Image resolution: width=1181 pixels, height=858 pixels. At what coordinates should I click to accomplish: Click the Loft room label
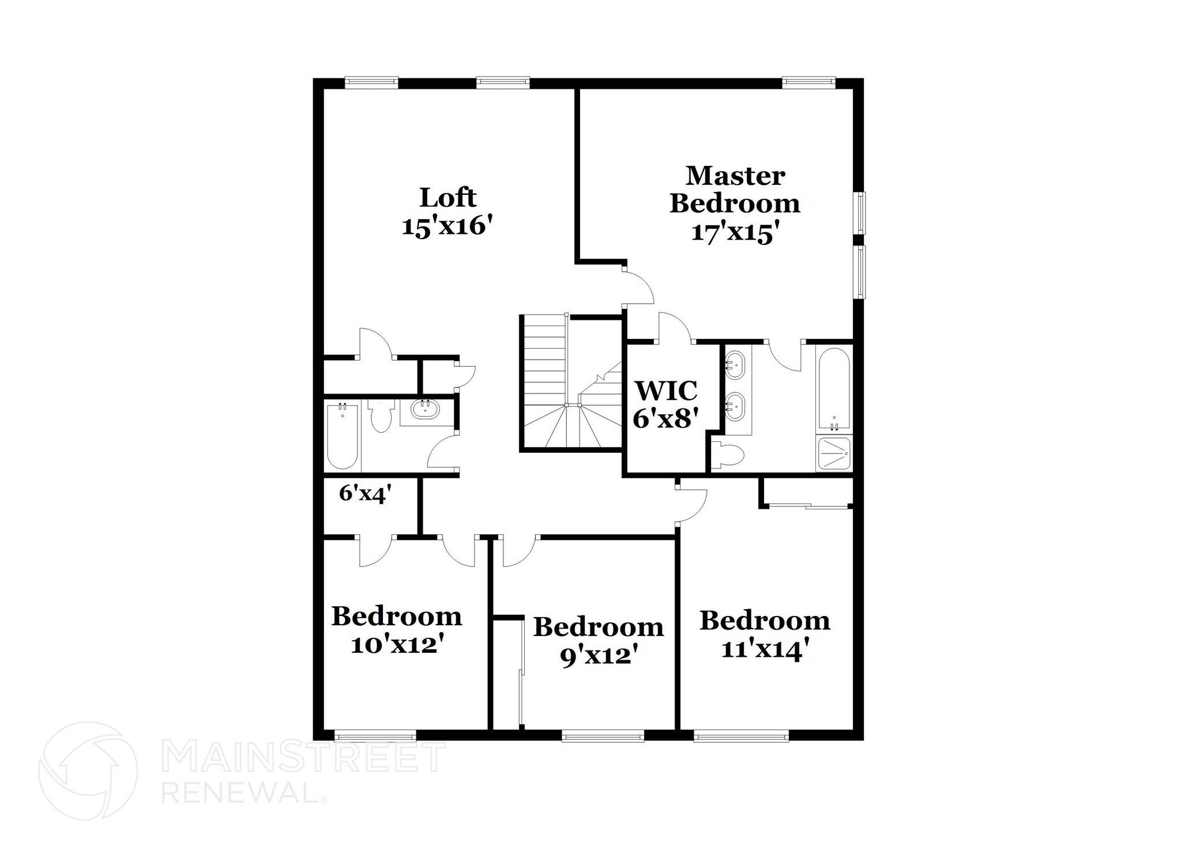[x=447, y=198]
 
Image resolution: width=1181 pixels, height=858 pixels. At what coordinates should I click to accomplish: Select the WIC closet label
[x=666, y=391]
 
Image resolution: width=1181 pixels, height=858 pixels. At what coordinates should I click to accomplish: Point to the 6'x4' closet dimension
[x=365, y=493]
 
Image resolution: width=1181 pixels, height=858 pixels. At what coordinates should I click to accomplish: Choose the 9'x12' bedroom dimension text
[x=599, y=655]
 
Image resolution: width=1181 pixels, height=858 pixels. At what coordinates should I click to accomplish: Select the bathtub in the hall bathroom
[x=342, y=437]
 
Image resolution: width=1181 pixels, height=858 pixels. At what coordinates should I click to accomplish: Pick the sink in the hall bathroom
[x=425, y=409]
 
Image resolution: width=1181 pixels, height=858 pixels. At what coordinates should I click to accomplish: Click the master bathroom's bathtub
[x=833, y=389]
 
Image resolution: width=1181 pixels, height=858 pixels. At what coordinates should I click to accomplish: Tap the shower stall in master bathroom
[x=834, y=453]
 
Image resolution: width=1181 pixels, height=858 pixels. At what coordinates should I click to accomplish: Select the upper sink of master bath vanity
[x=735, y=364]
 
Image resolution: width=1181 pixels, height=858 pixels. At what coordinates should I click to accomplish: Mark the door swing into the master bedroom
[x=639, y=286]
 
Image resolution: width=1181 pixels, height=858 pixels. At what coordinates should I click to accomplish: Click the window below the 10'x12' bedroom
[x=375, y=735]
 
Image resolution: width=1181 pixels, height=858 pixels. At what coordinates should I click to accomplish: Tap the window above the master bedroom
[x=808, y=82]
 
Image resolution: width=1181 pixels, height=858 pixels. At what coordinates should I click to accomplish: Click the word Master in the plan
[x=735, y=176]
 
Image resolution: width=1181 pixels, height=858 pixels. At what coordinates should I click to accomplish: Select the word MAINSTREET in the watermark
[x=304, y=757]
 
